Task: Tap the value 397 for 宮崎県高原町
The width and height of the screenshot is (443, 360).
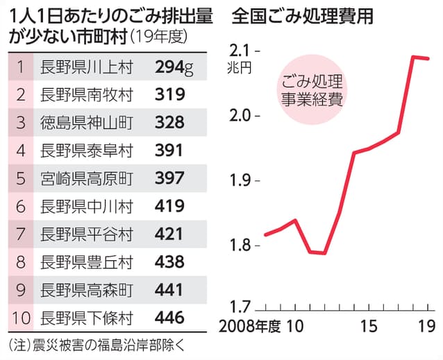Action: click(169, 178)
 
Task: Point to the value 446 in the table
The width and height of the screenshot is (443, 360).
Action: click(169, 318)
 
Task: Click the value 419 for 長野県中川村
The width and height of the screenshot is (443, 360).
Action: click(169, 206)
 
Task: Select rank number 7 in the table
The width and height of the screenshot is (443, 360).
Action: click(20, 234)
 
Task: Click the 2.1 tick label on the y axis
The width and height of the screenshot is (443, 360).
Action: click(239, 50)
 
